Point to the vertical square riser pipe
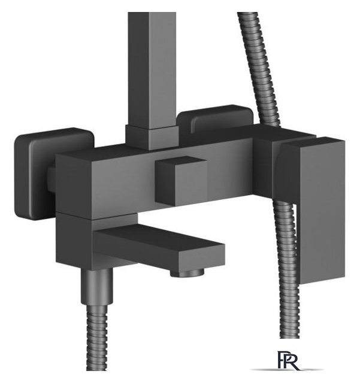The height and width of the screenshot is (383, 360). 152,69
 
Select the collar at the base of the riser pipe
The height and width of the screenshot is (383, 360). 151,137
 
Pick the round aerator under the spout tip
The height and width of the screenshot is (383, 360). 187,272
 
